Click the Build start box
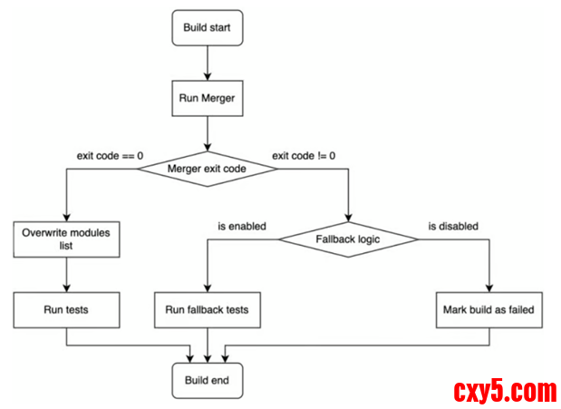pos(208,28)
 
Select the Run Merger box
pos(208,99)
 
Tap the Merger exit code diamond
pos(208,169)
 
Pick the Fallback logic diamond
pos(349,239)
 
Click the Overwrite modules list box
pos(69,239)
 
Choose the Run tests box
pos(69,310)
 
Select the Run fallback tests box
pos(208,310)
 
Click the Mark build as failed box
pos(489,310)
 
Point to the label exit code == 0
pos(111,155)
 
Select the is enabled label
pos(242,226)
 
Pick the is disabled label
pos(453,226)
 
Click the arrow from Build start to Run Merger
pos(208,63)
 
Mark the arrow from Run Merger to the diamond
pos(208,133)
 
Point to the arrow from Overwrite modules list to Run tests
pos(69,275)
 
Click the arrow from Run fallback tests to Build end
pos(208,346)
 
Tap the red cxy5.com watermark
pos(504,392)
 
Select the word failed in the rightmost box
pos(519,310)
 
